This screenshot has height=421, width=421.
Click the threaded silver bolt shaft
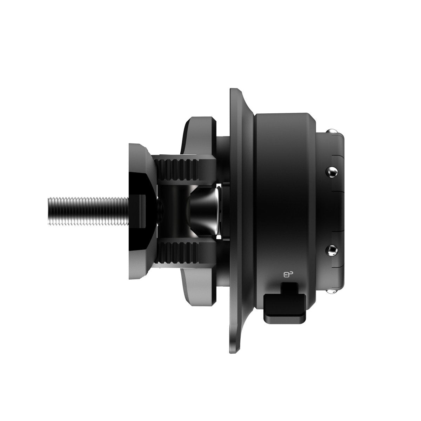(88, 210)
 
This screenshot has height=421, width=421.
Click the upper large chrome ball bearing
(332, 172)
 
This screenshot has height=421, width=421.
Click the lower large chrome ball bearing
(332, 250)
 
